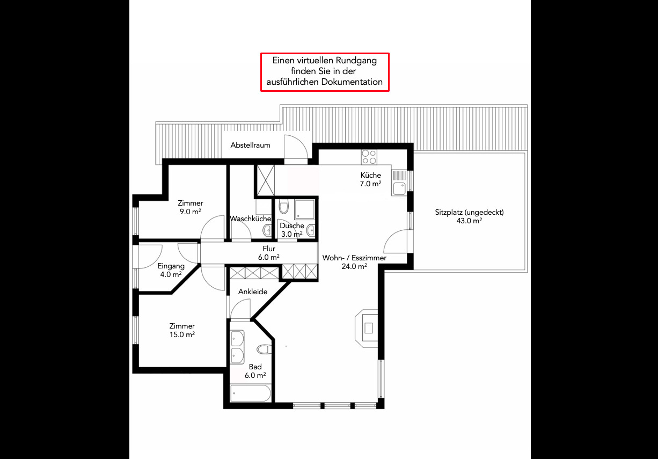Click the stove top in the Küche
tap(369, 157)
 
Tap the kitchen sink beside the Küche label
tap(399, 183)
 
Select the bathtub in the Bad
tap(251, 393)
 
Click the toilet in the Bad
tap(265, 349)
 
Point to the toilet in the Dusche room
tap(284, 206)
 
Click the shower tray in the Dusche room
tap(304, 209)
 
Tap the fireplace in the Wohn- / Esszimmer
tap(367, 328)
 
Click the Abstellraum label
tap(250, 145)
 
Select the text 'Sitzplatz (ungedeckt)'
tap(469, 213)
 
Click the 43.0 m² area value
tap(469, 221)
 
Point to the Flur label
tap(269, 249)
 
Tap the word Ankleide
tap(253, 292)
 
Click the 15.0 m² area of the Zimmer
tap(182, 334)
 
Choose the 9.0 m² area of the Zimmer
tap(191, 212)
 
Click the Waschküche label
tap(250, 218)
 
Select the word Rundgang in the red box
tap(356, 61)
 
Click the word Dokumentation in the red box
tap(352, 82)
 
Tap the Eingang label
tap(171, 266)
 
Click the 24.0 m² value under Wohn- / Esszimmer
tap(354, 266)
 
